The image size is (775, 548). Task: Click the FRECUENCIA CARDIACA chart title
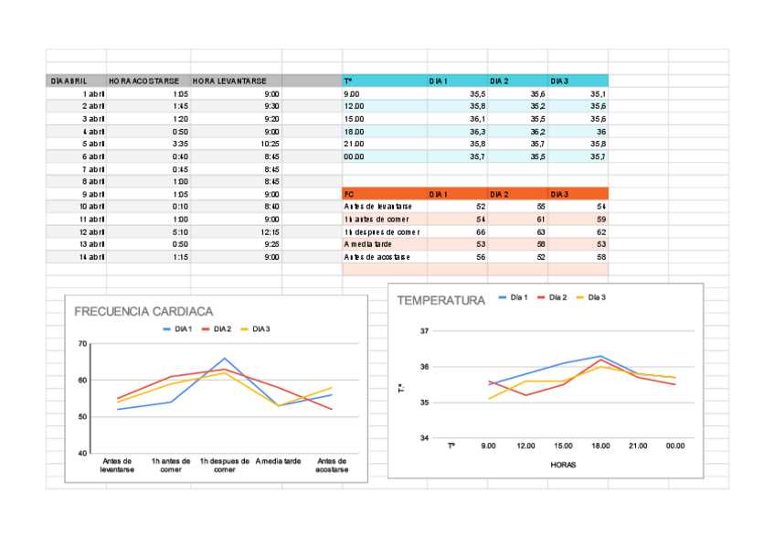coord(143,311)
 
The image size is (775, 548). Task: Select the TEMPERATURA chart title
coord(441,300)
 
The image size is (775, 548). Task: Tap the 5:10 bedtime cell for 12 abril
coord(180,232)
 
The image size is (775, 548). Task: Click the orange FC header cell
coord(349,194)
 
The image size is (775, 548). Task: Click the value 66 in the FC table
coord(481,232)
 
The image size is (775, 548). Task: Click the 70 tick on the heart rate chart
coord(82,344)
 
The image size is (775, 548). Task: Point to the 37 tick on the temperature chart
coord(424,331)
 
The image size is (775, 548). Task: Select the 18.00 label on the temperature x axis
coord(600,446)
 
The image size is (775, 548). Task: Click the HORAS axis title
coord(563,464)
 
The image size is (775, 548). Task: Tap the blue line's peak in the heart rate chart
coord(225,359)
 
